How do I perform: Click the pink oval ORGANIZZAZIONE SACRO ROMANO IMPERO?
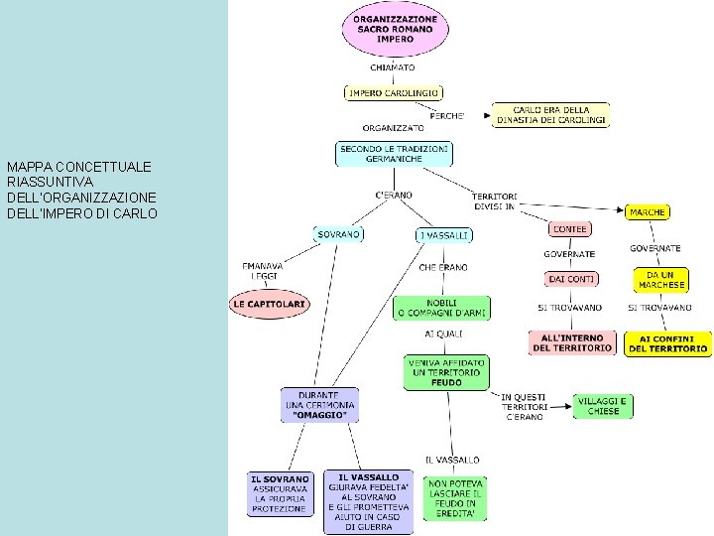[x=395, y=29]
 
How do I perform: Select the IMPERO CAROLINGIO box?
[x=394, y=93]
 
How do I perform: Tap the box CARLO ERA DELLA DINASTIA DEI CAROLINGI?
[x=550, y=115]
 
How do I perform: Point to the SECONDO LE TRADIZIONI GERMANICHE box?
[x=394, y=154]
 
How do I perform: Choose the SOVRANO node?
[x=338, y=234]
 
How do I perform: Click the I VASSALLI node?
[x=444, y=235]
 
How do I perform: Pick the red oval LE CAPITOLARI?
[x=270, y=304]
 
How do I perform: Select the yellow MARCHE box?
[x=647, y=212]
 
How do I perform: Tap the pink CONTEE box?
[x=569, y=229]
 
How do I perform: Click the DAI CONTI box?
[x=571, y=279]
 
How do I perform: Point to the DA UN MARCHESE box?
[x=661, y=280]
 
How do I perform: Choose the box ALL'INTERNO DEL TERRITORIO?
[x=572, y=342]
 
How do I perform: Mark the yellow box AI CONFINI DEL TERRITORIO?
[x=668, y=343]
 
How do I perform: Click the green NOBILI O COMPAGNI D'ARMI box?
[x=441, y=308]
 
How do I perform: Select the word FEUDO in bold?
[x=446, y=383]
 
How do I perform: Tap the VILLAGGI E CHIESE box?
[x=603, y=406]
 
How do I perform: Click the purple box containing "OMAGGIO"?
[x=319, y=405]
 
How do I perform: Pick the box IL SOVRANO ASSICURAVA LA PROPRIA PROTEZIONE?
[x=280, y=494]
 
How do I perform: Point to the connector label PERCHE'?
[x=446, y=116]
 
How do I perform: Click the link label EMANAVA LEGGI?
[x=263, y=271]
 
